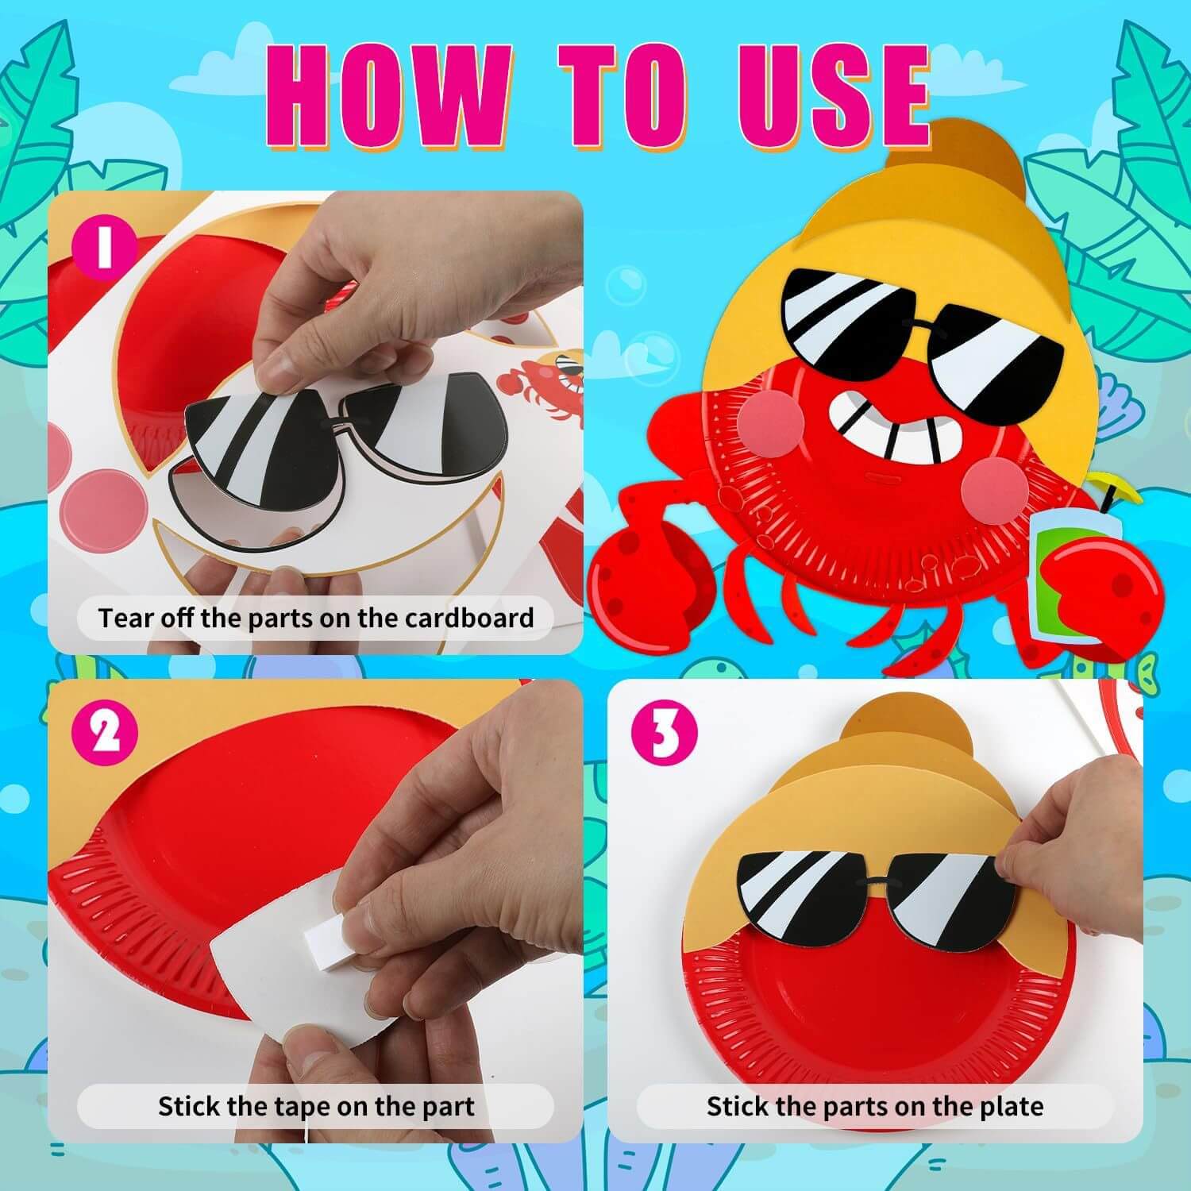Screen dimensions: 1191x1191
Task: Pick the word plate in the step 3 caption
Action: (x=1012, y=1106)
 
